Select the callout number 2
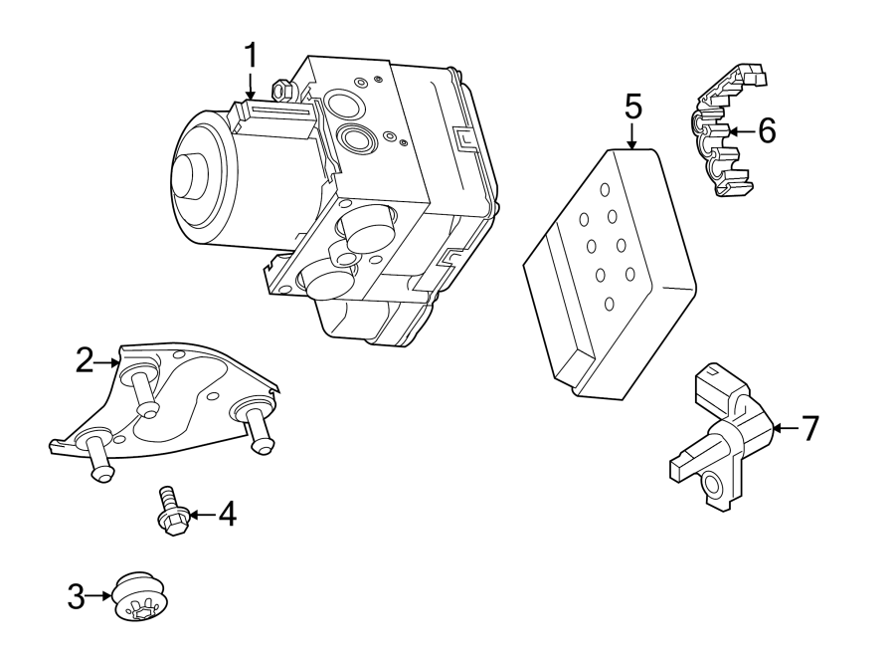pos(85,360)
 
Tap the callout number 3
pos(77,597)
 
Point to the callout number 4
pos(227,515)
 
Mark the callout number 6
pos(766,130)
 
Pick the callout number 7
pos(809,428)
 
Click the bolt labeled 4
pos(172,512)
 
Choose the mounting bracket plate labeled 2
pos(169,403)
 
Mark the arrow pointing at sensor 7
pos(785,428)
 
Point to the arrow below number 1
pos(251,87)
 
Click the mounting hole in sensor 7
pos(712,484)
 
